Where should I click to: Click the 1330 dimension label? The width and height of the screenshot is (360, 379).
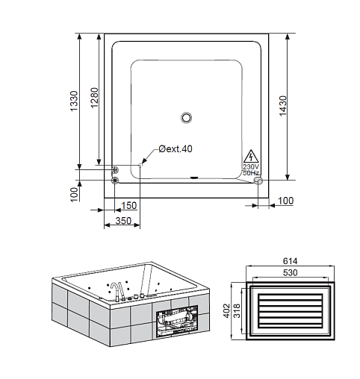pyautogui.click(x=74, y=101)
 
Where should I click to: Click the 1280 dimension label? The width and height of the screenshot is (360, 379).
pyautogui.click(x=95, y=98)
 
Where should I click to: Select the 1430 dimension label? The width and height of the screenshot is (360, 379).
pyautogui.click(x=283, y=106)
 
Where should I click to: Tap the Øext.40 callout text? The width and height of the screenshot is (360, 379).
pyautogui.click(x=176, y=149)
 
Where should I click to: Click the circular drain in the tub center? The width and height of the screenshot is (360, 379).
pyautogui.click(x=186, y=117)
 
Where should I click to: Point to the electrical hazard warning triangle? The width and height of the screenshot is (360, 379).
pyautogui.click(x=252, y=157)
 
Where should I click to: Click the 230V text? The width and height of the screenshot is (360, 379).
pyautogui.click(x=251, y=166)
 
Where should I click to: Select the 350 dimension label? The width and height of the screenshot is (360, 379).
pyautogui.click(x=123, y=221)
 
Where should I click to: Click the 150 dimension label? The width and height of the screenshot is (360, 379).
pyautogui.click(x=129, y=206)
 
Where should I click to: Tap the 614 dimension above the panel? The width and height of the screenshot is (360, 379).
pyautogui.click(x=291, y=261)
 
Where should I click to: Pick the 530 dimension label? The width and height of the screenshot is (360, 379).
pyautogui.click(x=291, y=273)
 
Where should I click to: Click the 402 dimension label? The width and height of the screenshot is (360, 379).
pyautogui.click(x=227, y=310)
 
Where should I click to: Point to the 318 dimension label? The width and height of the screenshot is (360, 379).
pyautogui.click(x=237, y=310)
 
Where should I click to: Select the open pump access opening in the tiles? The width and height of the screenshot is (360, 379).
pyautogui.click(x=177, y=322)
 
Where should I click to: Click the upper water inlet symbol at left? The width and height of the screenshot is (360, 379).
pyautogui.click(x=115, y=170)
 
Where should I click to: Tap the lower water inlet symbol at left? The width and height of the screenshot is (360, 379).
pyautogui.click(x=115, y=181)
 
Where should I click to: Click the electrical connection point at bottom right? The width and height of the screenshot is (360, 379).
pyautogui.click(x=258, y=181)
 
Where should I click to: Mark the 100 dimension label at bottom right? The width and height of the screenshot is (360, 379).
pyautogui.click(x=285, y=201)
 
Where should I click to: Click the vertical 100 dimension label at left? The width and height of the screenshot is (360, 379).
pyautogui.click(x=74, y=194)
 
